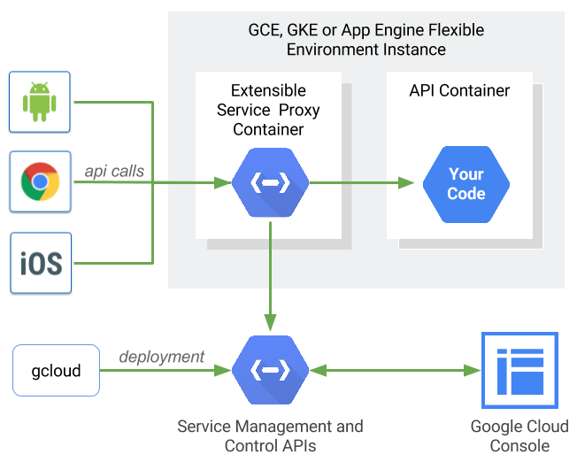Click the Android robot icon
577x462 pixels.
coord(39,102)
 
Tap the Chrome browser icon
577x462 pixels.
coord(39,181)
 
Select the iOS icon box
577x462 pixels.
coord(40,263)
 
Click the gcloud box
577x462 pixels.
coord(56,370)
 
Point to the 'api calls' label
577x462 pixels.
coord(114,171)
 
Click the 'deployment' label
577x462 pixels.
coord(162,357)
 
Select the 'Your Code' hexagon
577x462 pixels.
coord(465,184)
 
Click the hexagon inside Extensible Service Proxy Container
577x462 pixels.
coord(270,183)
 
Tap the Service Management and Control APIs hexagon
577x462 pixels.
coord(270,370)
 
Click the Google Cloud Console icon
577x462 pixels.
coord(519,370)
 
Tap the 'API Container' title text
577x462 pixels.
coord(459,91)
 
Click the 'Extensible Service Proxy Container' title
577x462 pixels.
coord(268,110)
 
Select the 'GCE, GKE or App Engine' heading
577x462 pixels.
coord(366,40)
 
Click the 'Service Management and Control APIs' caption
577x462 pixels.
coord(270,435)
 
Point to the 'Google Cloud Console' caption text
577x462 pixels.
coord(519,435)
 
